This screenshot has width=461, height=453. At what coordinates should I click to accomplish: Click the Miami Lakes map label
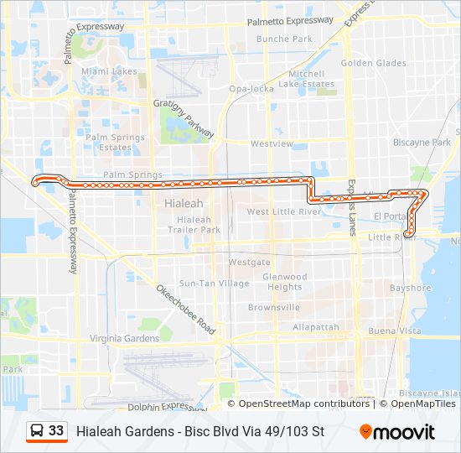point(109,71)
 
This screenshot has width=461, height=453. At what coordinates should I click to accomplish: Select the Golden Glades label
point(373,63)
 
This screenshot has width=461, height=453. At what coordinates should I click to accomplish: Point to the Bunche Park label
point(284,39)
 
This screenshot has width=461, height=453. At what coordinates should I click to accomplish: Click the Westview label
point(272,143)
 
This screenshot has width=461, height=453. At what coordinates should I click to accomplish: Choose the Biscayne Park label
point(422,143)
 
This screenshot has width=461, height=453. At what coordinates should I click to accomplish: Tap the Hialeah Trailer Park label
point(194,225)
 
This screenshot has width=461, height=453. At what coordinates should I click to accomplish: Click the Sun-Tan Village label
point(215,284)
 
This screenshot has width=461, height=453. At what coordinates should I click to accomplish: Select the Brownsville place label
point(274,307)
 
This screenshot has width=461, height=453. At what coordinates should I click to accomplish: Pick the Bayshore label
point(410,288)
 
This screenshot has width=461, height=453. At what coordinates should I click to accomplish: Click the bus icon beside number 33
point(36,431)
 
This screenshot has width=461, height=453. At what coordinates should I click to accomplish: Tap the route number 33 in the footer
point(56,431)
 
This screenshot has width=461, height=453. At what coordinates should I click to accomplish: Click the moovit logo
point(397,432)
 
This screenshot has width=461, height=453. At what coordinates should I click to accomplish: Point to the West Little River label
point(283,212)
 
